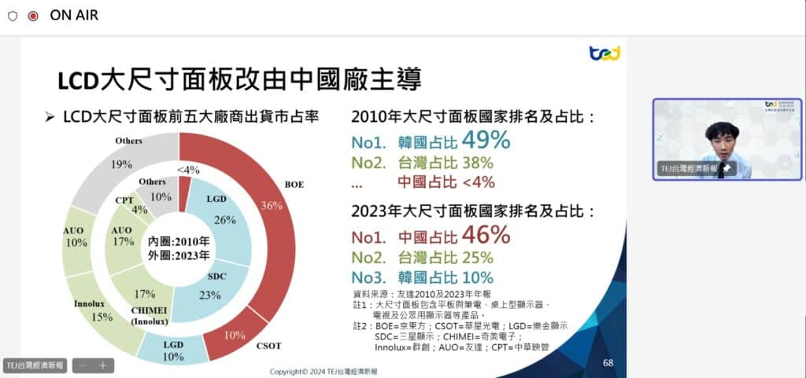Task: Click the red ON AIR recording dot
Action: point(33,16)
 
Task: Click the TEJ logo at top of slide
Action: point(604,53)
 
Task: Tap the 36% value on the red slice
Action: point(272,206)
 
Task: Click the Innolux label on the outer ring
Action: point(89,303)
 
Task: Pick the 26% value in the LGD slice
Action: point(224,220)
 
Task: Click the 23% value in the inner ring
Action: point(209,295)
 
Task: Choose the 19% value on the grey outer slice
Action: point(122,165)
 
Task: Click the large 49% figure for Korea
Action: point(486,141)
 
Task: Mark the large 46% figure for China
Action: point(486,235)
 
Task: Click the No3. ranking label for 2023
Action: point(368,277)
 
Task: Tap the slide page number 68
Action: point(608,362)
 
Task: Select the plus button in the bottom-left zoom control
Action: point(102,365)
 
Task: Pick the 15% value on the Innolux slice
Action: point(102,317)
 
